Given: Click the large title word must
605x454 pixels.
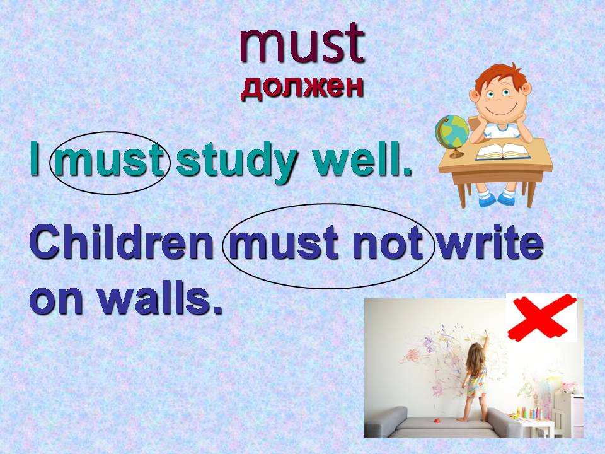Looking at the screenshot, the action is (302, 44).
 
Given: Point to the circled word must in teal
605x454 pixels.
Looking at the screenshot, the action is (110, 160).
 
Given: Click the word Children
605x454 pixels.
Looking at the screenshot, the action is (121, 242).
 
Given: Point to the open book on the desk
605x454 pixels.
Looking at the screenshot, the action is (503, 152).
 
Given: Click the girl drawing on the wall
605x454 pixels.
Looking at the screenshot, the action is (475, 378).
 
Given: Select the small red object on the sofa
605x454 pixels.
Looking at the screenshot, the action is (437, 420).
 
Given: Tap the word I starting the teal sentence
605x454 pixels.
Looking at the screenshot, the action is (35, 158).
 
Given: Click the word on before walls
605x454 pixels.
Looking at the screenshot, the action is (55, 302).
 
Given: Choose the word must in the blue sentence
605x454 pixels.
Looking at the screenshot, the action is (284, 244).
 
